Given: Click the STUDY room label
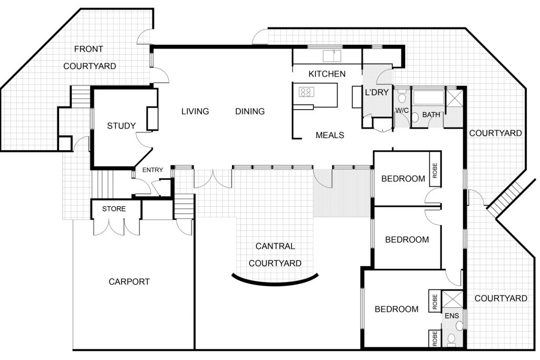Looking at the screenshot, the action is click(121, 126).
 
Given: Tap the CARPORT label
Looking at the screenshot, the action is click(129, 282).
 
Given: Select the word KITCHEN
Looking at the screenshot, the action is click(327, 74).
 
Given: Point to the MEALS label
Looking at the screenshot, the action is click(330, 135).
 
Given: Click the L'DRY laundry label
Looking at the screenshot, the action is click(377, 92).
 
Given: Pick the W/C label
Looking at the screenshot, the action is click(402, 111).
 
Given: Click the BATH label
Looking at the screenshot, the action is click(431, 114).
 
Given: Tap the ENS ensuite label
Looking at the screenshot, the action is click(452, 316).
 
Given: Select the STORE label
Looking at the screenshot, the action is click(114, 209).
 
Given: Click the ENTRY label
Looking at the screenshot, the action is click(152, 170).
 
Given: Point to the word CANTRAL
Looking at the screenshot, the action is click(275, 247).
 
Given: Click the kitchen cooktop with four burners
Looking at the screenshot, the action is click(306, 92).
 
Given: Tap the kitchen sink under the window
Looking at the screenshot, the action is click(332, 56).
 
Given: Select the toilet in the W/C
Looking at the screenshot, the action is click(401, 98).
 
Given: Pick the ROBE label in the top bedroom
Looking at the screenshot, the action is click(435, 171).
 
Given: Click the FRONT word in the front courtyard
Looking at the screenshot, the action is click(89, 49).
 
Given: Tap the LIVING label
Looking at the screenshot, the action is click(195, 112).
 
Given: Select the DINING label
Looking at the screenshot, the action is click(250, 112).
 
